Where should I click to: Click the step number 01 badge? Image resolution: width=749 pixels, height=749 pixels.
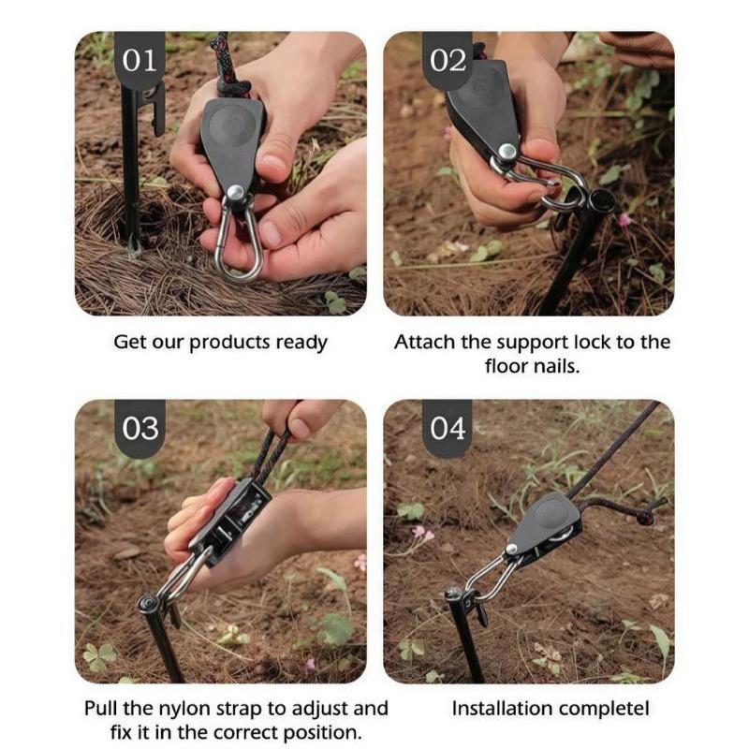[140, 60]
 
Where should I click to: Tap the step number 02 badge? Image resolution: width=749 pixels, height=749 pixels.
[448, 60]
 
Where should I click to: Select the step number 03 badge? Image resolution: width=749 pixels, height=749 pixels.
[140, 428]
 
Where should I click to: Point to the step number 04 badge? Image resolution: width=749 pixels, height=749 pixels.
[448, 428]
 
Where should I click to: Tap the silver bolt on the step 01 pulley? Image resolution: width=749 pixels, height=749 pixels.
[235, 194]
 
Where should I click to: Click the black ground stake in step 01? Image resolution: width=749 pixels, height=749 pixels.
[130, 168]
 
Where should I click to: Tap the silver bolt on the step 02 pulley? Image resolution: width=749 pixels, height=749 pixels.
[507, 152]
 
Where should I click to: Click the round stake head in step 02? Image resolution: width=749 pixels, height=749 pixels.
[602, 198]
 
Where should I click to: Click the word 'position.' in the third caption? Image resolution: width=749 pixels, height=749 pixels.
[322, 733]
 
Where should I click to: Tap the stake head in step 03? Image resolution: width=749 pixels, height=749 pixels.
[149, 604]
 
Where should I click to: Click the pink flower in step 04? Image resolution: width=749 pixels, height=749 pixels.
[422, 533]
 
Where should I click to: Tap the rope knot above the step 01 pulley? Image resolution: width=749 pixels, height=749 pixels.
[231, 88]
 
